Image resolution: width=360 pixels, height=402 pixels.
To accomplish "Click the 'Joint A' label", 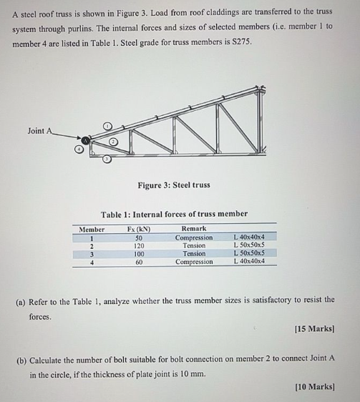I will pos(40,130).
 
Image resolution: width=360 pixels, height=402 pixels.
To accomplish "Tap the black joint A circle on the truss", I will pos(85,141).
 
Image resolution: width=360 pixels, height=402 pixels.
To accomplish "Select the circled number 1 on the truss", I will pos(106,126).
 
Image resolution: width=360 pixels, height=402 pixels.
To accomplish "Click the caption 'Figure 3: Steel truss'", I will pos(174,185).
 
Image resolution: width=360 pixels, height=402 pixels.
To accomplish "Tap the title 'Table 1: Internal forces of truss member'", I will pos(174,213).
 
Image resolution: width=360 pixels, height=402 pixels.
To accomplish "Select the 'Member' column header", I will pos(92,229).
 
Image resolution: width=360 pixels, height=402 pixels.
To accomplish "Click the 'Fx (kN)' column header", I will pos(139,229).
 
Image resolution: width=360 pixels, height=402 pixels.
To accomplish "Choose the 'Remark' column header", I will pos(194,229).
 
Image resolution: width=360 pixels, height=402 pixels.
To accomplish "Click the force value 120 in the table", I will pos(139,245).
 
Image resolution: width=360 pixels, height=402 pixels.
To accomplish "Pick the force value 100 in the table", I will pos(139,253).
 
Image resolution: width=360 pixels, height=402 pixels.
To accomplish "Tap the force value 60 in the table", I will pos(139,262).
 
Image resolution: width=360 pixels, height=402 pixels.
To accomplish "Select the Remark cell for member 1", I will pos(194,237).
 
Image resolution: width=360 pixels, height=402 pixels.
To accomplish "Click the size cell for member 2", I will pos(249,245).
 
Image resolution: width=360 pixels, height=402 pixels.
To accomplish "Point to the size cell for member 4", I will pos(249,262).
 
